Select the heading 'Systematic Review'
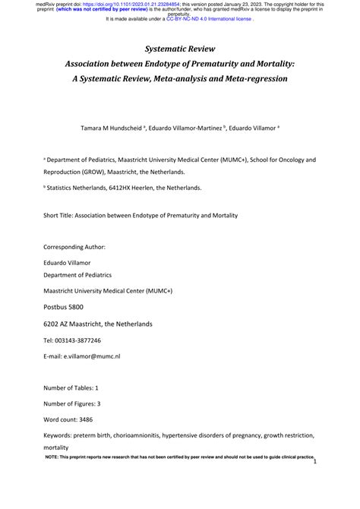(x=180, y=49)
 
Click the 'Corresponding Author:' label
(x=74, y=247)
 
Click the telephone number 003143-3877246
(x=78, y=340)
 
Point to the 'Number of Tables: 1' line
(x=76, y=387)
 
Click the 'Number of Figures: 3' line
(x=77, y=403)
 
